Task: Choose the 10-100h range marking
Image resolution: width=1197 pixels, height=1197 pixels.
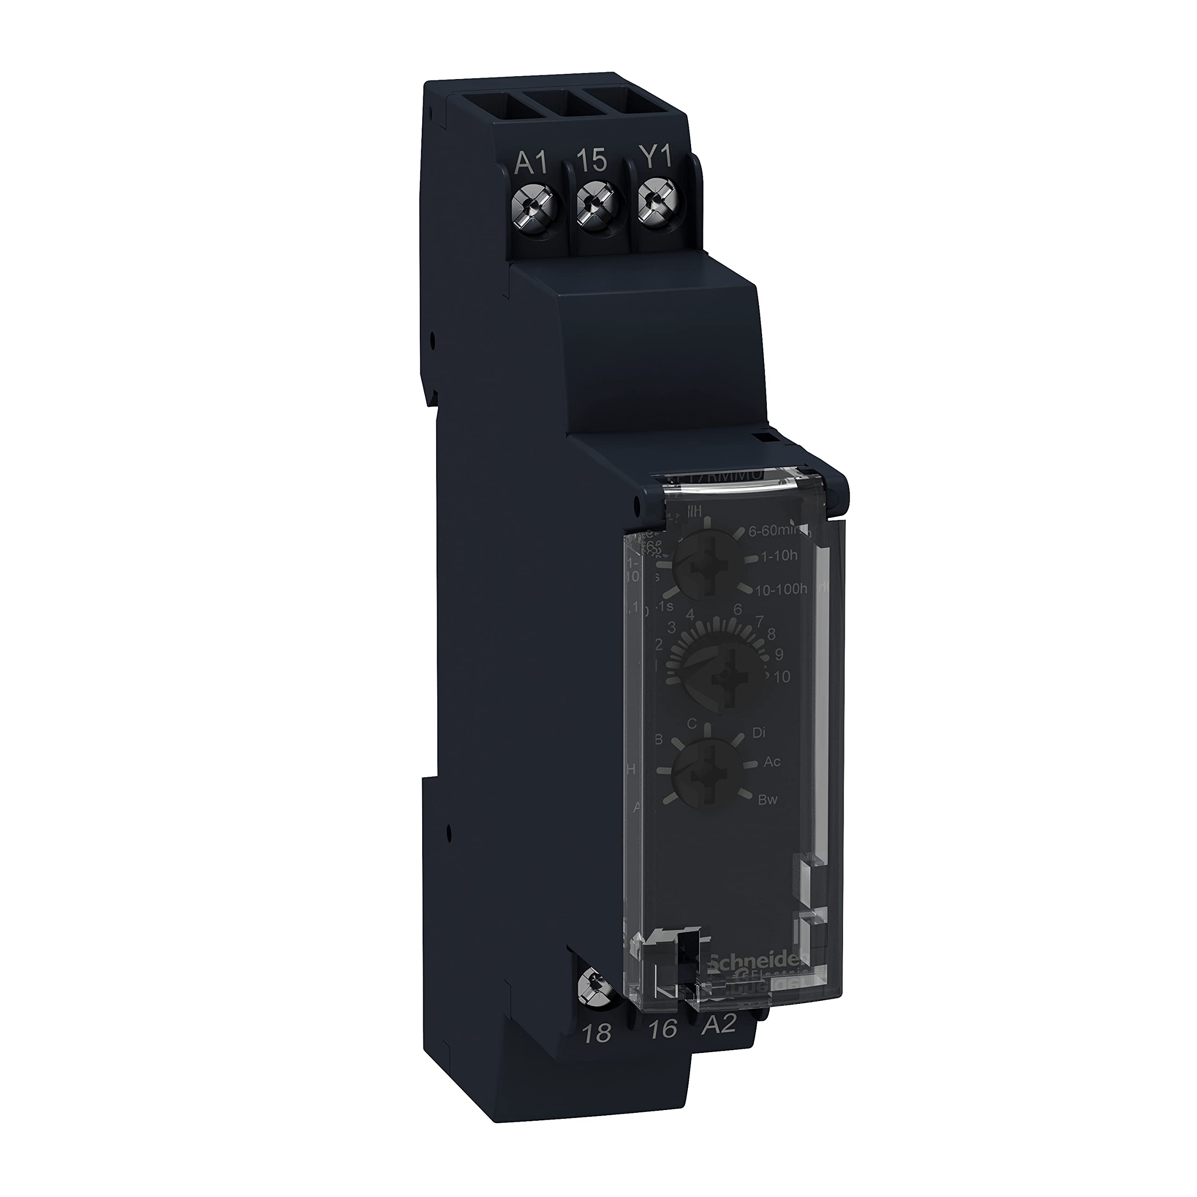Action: [x=781, y=591]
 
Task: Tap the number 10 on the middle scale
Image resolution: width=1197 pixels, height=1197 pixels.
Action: [x=781, y=677]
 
